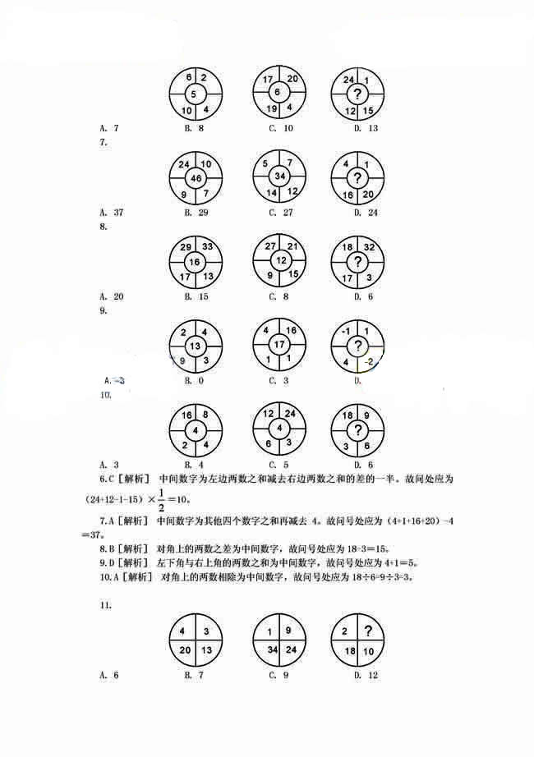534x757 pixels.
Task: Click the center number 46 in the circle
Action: (196, 177)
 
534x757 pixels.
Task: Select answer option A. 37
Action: (112, 213)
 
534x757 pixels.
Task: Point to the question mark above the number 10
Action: (367, 631)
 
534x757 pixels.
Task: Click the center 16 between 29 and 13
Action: (195, 262)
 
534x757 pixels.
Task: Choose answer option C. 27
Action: (281, 213)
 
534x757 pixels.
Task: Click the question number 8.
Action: (102, 227)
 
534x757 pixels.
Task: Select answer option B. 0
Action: (193, 380)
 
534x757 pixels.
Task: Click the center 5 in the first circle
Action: (194, 94)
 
